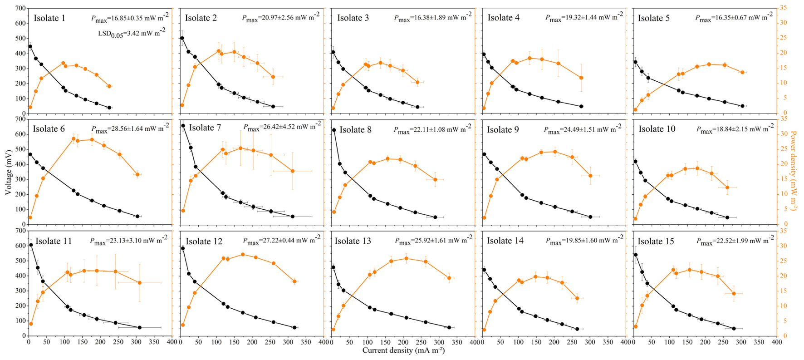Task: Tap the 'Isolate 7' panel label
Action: point(205,128)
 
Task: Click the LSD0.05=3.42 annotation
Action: point(132,32)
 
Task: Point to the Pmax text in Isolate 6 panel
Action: point(129,129)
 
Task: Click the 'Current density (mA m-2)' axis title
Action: point(403,350)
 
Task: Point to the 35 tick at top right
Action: point(783,8)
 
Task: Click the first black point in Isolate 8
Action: point(334,130)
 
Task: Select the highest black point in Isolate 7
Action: point(183,126)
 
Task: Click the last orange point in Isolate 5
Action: point(742,72)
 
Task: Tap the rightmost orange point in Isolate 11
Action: point(139,283)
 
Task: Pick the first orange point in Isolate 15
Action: point(635,326)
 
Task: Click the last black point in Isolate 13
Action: point(449,327)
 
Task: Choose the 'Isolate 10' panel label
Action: point(657,129)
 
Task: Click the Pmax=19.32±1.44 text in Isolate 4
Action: point(583,17)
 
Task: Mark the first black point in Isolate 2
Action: point(182,38)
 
